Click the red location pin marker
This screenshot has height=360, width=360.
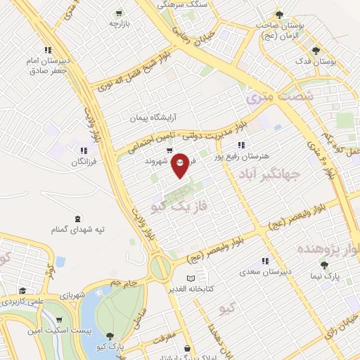click(181, 165)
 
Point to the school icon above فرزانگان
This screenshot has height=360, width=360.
click(84, 150)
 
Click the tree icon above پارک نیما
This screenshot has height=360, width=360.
click(324, 265)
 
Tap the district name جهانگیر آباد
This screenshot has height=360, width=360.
click(269, 174)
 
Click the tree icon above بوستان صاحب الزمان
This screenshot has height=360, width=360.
click(279, 15)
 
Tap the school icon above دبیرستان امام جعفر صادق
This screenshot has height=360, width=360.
click(48, 50)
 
